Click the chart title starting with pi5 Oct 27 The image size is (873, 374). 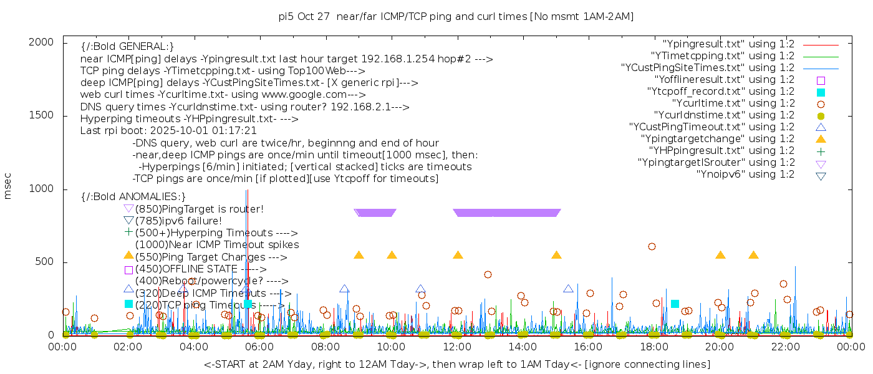456,16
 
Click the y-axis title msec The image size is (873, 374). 8,186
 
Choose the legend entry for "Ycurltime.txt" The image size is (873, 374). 733,103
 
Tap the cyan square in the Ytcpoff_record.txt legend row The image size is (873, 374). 821,92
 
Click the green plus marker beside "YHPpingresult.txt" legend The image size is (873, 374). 821,151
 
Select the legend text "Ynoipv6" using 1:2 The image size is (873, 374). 745,174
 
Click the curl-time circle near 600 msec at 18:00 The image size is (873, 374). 652,246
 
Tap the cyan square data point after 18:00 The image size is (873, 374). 675,304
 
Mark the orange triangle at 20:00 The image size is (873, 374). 720,255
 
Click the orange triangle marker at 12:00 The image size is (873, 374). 458,255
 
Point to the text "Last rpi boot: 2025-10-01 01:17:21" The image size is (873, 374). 168,131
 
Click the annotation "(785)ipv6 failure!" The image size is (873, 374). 178,221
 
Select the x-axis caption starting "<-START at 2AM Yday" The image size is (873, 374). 456,364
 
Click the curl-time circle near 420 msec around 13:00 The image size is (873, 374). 488,274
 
